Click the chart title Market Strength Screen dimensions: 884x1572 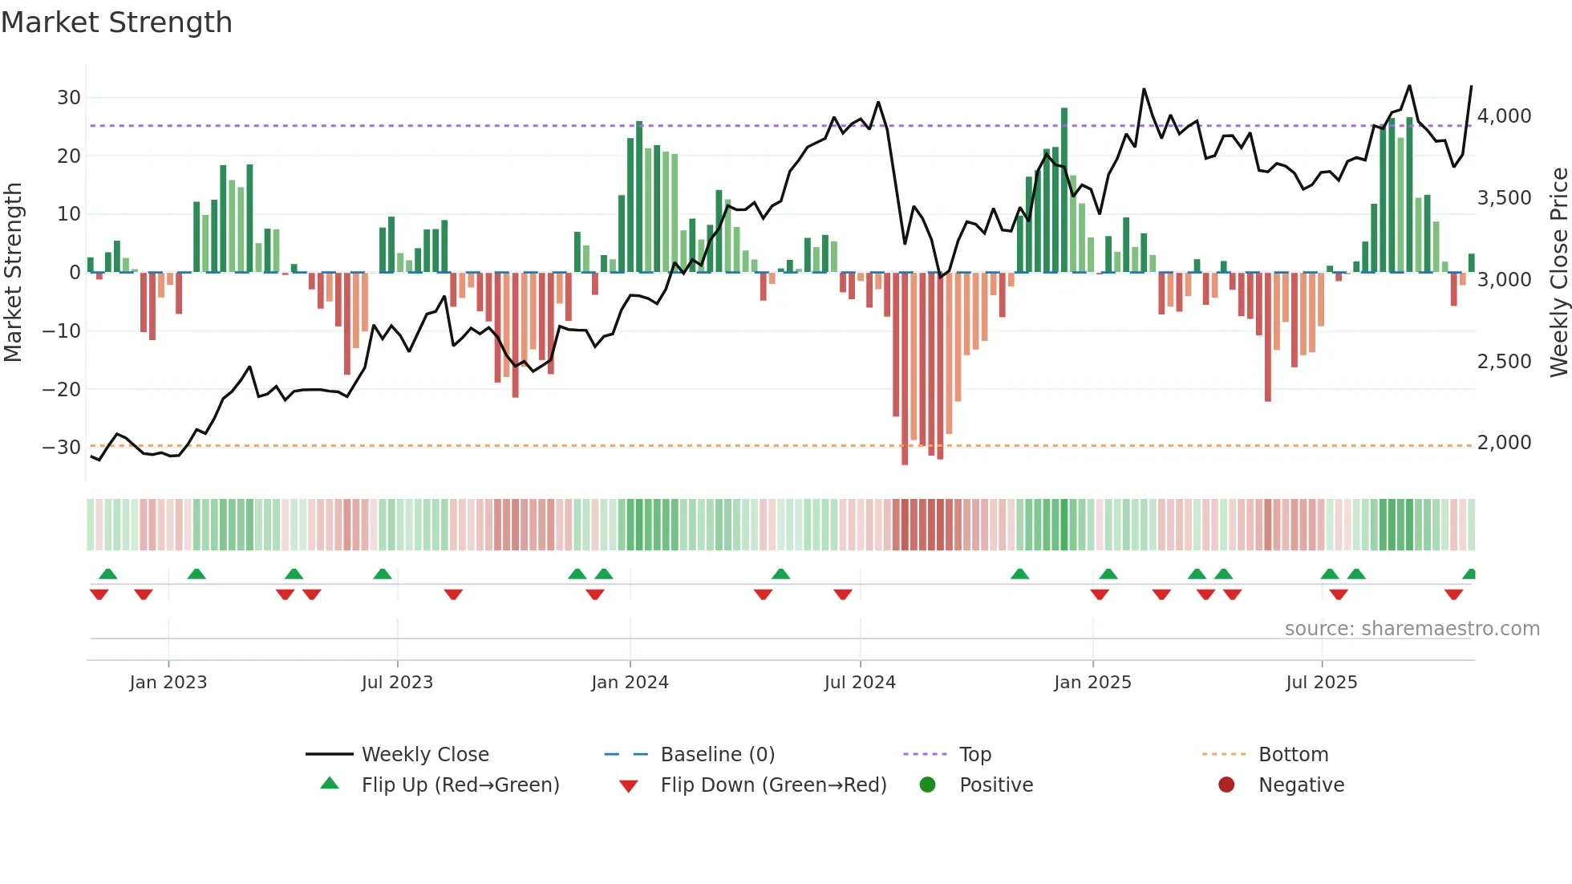[x=116, y=22]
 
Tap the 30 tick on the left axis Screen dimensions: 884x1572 [x=69, y=98]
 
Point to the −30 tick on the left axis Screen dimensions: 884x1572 [x=62, y=448]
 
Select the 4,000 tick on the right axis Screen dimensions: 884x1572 [x=1504, y=116]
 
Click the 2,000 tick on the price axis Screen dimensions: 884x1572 [x=1504, y=443]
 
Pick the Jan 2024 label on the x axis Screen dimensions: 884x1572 [x=630, y=683]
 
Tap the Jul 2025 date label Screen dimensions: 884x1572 [x=1321, y=683]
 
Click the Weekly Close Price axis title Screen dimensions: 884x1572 [x=1558, y=273]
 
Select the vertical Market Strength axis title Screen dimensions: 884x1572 [x=13, y=273]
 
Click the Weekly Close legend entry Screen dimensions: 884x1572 [x=424, y=755]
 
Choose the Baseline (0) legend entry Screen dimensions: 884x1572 [x=717, y=755]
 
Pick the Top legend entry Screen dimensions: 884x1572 [x=974, y=755]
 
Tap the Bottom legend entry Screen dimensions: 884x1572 [x=1293, y=755]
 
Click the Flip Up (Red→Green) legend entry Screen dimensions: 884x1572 [x=460, y=785]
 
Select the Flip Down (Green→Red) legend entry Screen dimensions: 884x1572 [x=773, y=785]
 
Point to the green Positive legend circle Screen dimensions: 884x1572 [x=928, y=785]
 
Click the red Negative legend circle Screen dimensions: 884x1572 [x=1226, y=785]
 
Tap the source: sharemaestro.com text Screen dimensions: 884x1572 [x=1412, y=629]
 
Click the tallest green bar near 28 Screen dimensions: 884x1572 [x=1064, y=190]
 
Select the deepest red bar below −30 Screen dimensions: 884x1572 [x=905, y=369]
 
